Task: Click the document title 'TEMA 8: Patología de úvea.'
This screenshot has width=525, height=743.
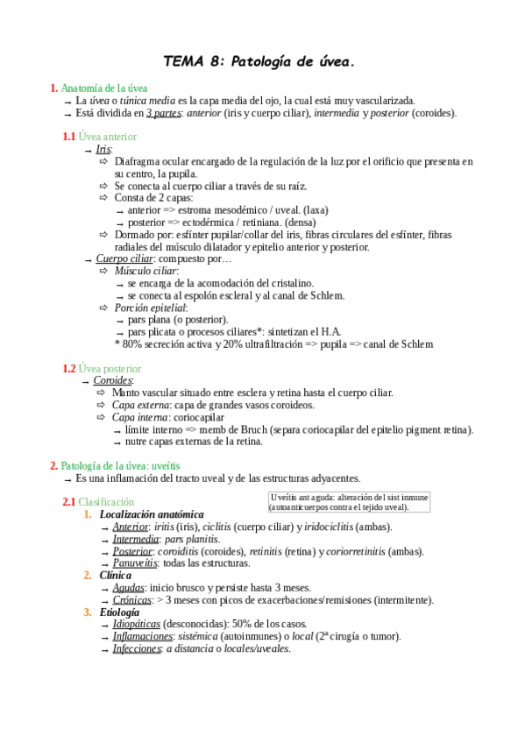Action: tap(260, 60)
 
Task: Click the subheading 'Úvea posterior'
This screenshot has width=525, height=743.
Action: tap(110, 369)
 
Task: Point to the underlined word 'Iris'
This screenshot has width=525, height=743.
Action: tap(103, 150)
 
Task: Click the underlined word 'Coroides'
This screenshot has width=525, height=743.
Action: tap(113, 381)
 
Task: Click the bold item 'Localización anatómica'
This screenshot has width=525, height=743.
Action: tap(152, 514)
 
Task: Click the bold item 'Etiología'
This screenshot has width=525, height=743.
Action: tap(119, 612)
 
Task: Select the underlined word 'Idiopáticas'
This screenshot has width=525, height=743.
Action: tap(137, 624)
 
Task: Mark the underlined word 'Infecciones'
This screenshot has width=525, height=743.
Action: tap(137, 648)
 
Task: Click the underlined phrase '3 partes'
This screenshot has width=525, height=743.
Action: tap(164, 113)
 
